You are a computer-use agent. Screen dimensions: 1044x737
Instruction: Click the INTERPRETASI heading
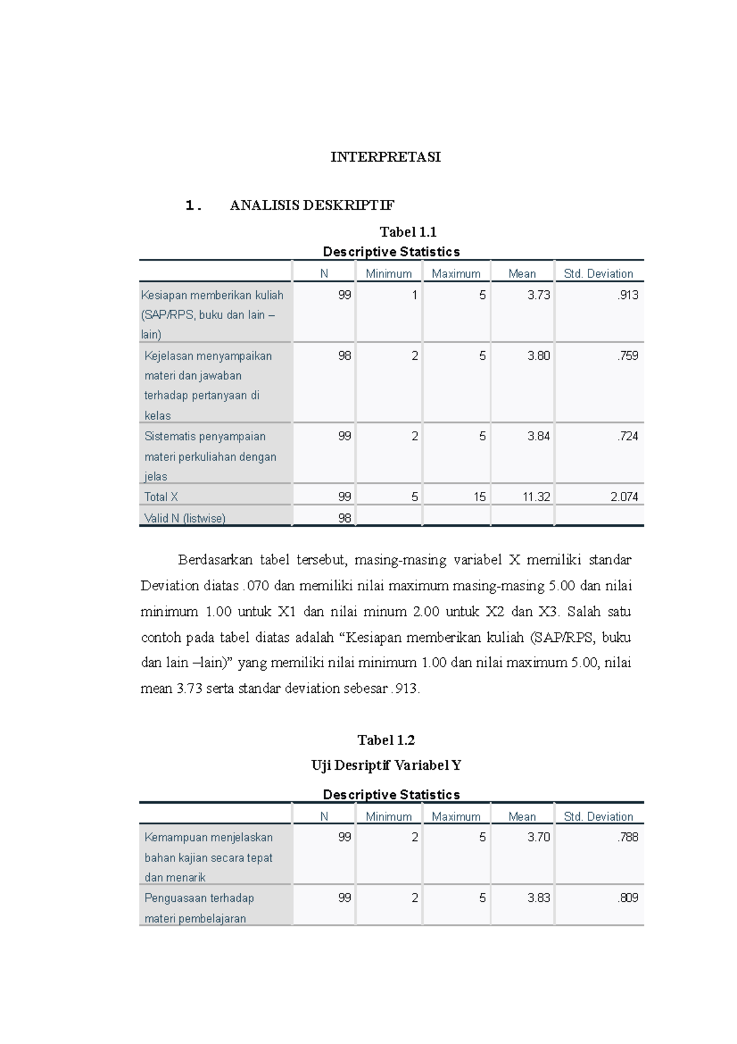(385, 157)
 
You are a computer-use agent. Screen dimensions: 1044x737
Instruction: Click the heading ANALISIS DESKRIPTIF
(312, 205)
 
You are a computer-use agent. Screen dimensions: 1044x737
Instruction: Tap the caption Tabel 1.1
(408, 232)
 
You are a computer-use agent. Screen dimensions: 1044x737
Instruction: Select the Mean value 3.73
(538, 295)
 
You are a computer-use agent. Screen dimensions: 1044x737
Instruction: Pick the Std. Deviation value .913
(628, 295)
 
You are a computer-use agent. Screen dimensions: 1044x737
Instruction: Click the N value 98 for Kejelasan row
(345, 355)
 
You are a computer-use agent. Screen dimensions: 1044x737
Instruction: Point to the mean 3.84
(538, 436)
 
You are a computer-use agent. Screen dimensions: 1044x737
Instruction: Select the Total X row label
(161, 497)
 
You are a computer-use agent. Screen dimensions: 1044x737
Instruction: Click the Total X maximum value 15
(479, 497)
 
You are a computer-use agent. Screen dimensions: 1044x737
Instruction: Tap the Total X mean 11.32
(536, 497)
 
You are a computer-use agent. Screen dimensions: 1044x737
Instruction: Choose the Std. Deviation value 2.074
(624, 497)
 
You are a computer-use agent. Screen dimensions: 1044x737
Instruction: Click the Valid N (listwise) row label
(185, 518)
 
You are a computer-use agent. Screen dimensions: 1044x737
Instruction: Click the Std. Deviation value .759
(628, 355)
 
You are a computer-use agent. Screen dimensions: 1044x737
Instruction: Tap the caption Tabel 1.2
(386, 740)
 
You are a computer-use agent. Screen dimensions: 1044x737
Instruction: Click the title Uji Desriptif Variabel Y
(386, 765)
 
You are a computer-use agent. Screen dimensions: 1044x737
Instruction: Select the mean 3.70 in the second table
(538, 837)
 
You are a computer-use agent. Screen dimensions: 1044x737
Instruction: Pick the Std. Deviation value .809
(628, 898)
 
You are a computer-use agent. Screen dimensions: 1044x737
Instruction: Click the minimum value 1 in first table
(415, 295)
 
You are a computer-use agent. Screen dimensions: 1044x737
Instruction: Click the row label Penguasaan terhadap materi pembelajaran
(199, 908)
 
